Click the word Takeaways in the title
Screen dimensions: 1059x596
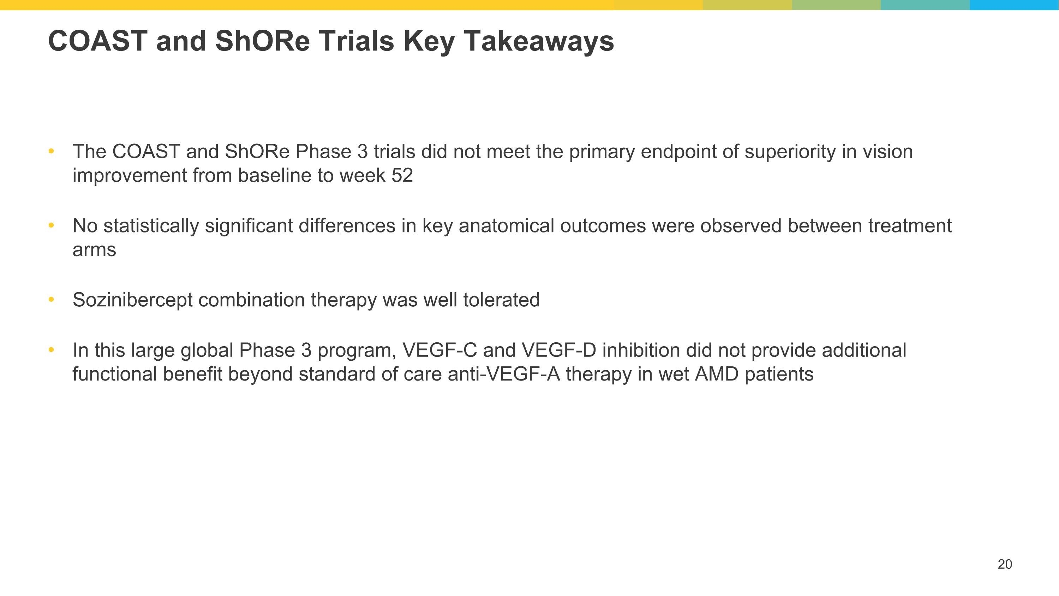click(539, 42)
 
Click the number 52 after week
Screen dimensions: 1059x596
click(402, 176)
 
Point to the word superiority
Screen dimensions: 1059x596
click(790, 152)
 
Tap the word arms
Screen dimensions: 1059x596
click(94, 250)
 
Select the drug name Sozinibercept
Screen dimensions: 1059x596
click(132, 300)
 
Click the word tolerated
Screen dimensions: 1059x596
click(502, 300)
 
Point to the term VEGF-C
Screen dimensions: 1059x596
click(439, 350)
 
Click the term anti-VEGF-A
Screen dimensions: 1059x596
click(504, 374)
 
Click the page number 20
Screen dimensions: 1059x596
click(1005, 564)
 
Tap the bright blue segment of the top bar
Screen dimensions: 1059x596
click(1014, 5)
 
